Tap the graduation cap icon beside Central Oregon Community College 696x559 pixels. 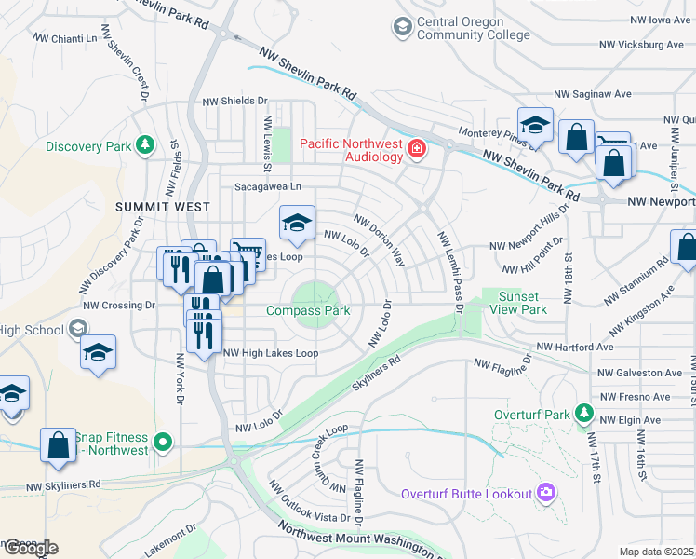402,27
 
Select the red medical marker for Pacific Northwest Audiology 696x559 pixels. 417,148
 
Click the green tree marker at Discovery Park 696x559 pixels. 144,144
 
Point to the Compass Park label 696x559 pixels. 308,310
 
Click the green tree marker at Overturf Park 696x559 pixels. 583,411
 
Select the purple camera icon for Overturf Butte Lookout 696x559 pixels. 545,492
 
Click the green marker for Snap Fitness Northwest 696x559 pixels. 164,442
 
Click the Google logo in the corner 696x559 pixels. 30,548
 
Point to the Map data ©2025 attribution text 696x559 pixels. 657,552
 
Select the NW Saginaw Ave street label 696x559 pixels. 593,94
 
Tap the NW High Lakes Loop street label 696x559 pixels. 271,353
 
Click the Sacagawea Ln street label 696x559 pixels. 267,186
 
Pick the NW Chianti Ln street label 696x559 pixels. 65,38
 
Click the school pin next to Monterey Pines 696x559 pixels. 535,126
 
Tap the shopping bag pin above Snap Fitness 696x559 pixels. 58,445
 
